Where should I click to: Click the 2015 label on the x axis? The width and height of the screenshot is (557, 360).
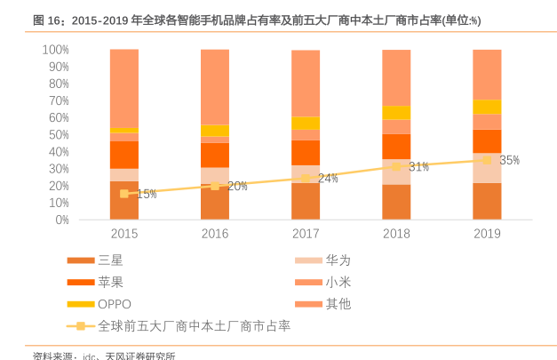(x=124, y=234)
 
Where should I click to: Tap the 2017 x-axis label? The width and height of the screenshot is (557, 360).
(x=306, y=234)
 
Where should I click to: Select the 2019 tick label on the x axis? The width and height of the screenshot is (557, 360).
(x=487, y=234)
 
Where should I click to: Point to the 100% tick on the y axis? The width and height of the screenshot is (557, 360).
(x=55, y=50)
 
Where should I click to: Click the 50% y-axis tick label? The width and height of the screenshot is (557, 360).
(x=58, y=134)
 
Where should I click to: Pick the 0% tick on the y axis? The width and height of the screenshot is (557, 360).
(x=60, y=220)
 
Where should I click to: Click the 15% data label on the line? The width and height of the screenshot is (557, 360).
(x=147, y=194)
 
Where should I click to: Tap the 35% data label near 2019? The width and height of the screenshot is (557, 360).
(x=509, y=161)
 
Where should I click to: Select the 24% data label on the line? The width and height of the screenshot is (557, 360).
(x=328, y=179)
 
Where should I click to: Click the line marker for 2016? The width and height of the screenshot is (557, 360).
(x=215, y=186)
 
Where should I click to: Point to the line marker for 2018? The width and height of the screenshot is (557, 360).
(x=396, y=166)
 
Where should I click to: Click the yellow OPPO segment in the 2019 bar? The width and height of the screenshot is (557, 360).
(x=487, y=107)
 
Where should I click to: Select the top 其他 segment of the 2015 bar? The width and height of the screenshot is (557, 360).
(x=124, y=87)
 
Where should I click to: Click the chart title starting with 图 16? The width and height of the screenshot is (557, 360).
(x=257, y=20)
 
